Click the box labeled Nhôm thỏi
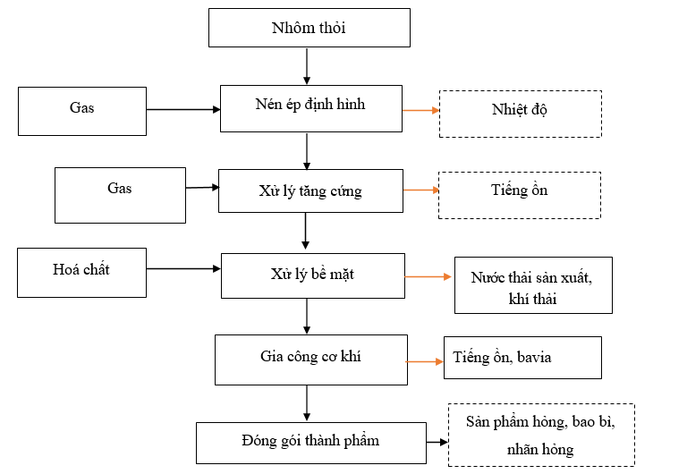(309, 28)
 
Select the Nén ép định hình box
(310, 108)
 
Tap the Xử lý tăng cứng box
(310, 190)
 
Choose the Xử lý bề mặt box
(311, 275)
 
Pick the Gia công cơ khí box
(310, 359)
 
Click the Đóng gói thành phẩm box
(310, 442)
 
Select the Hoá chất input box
(81, 272)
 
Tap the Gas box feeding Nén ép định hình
(81, 110)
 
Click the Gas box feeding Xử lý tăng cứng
(120, 194)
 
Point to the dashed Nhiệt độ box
(520, 113)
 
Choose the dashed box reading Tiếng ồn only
(519, 194)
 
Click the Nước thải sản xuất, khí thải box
(532, 286)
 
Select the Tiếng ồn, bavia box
(522, 358)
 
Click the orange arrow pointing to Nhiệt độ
(420, 110)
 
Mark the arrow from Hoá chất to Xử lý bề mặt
(183, 267)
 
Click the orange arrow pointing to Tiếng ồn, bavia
(424, 361)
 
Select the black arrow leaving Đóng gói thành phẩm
(437, 441)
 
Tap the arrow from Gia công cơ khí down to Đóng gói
(307, 402)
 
